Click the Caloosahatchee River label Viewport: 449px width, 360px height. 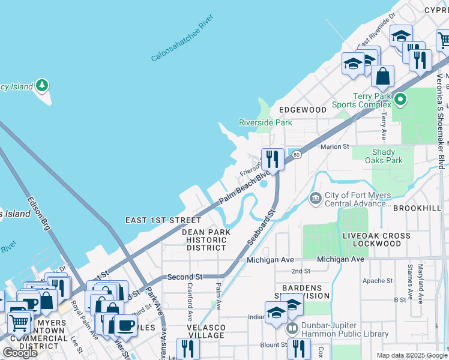182,47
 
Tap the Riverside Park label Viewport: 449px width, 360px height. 265,122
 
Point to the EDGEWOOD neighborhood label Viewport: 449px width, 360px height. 303,110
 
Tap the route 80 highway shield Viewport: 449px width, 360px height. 296,155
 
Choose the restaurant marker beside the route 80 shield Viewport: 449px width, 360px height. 273,159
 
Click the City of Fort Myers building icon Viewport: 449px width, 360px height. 315,198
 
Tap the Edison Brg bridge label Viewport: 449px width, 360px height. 37,213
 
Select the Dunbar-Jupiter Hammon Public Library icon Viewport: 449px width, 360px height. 292,328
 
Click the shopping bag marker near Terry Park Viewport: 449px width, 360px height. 382,77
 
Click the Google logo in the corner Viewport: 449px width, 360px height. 20,353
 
